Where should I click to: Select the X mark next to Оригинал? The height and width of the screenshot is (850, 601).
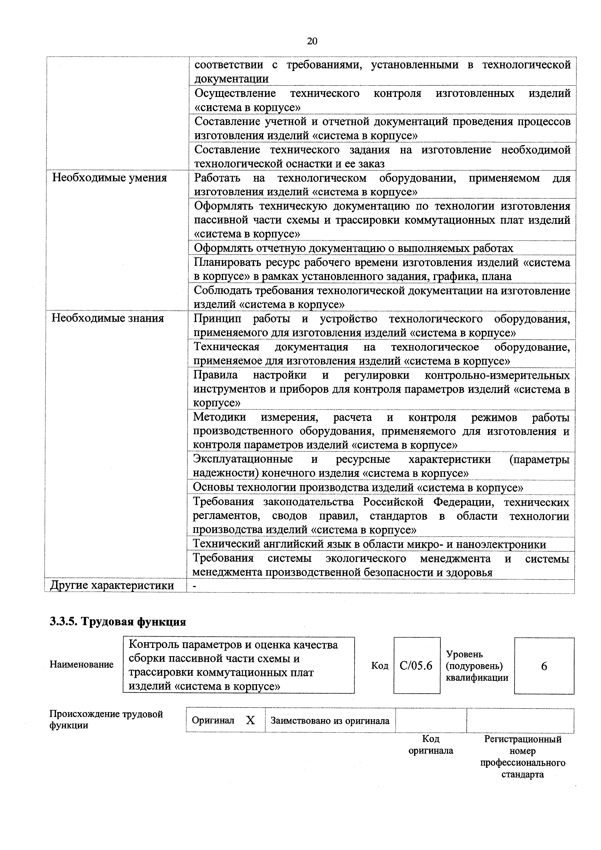point(251,720)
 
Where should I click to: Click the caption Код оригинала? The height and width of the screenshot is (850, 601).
point(430,745)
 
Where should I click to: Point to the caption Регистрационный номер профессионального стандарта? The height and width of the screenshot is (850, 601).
point(522,756)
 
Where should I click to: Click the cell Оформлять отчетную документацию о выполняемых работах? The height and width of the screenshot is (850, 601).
point(354,248)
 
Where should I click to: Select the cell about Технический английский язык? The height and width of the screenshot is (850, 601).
point(369,544)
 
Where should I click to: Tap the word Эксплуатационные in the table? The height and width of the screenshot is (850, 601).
point(243,459)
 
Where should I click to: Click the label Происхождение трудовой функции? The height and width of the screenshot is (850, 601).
point(106,719)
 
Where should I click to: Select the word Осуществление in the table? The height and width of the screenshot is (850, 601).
point(235,93)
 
